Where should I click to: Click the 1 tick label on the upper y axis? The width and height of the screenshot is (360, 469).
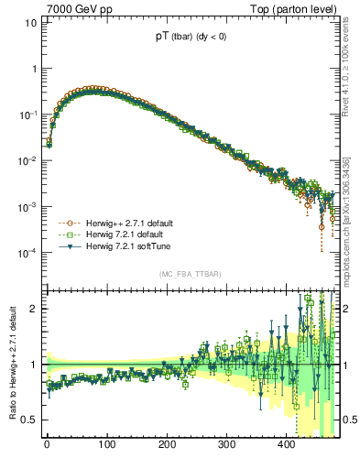tap(33, 69)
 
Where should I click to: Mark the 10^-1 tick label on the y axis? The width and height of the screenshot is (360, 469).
tap(28, 115)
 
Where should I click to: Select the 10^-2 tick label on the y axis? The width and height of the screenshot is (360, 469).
tap(28, 160)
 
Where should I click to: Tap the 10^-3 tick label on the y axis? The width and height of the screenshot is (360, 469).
tap(28, 206)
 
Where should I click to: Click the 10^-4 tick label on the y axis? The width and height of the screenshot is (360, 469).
tap(28, 252)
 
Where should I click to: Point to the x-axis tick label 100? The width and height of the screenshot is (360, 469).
tap(106, 444)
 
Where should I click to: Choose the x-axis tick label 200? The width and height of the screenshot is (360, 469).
tap(167, 444)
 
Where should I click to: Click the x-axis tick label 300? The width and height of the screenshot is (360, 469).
tap(226, 444)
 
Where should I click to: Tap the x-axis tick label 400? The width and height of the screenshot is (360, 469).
tap(287, 444)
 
